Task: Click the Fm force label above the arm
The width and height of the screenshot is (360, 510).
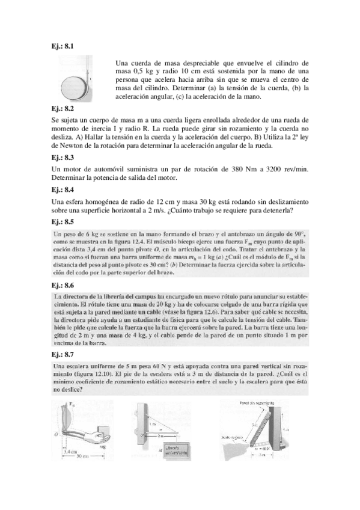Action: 73,404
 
